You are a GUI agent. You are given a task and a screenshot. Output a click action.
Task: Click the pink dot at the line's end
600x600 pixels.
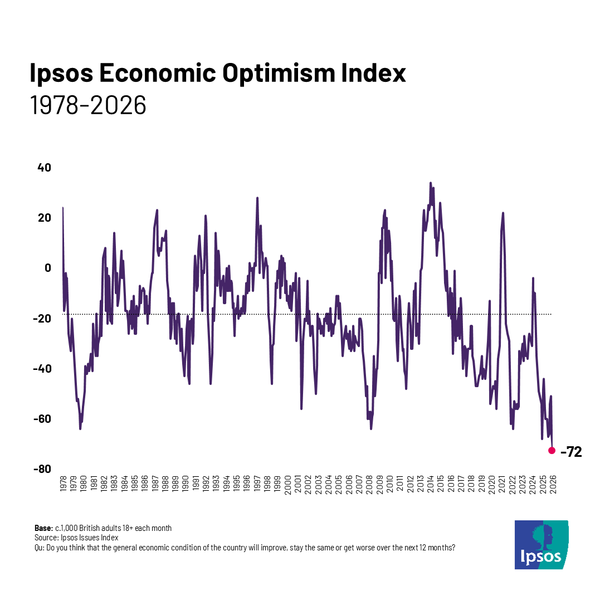point(552,450)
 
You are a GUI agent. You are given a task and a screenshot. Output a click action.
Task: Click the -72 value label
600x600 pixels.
point(571,452)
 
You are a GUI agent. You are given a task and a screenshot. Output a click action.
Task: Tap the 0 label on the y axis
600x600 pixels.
point(48,268)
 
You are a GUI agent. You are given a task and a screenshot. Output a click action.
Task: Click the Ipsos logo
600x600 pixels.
point(541,544)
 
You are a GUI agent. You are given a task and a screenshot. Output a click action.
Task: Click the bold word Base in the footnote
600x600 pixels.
point(43,528)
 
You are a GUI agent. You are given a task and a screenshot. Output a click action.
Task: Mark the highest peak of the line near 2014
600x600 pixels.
point(430,183)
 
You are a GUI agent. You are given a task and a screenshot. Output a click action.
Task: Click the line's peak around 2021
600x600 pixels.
point(503,213)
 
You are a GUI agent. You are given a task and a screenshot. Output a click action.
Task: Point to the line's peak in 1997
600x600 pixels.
point(257,198)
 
